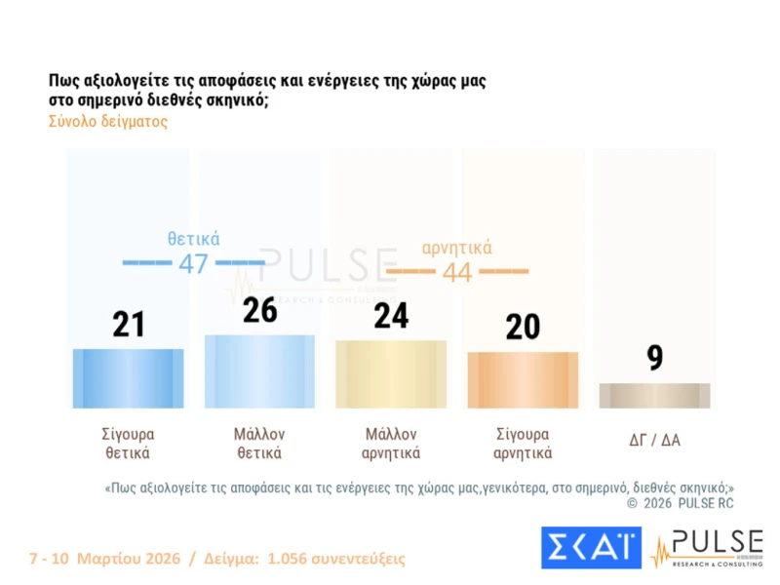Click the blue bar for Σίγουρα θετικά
click(128, 377)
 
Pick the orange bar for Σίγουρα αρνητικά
click(523, 379)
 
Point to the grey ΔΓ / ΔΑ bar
click(654, 395)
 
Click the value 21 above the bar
click(128, 324)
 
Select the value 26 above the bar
click(260, 310)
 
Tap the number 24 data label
click(391, 316)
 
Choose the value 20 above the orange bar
click(523, 327)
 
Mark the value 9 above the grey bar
click(655, 358)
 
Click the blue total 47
click(193, 263)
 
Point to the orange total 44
click(457, 272)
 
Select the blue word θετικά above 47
click(193, 239)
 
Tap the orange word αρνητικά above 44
click(457, 247)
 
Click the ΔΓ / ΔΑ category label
click(654, 440)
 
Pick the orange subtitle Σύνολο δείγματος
click(108, 123)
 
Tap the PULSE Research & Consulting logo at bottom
click(707, 547)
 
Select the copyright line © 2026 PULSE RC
click(680, 503)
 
